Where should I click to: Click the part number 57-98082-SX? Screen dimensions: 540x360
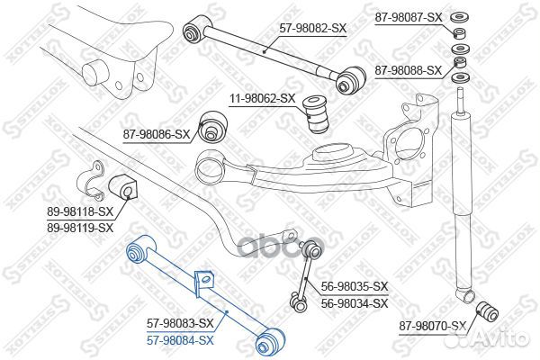312,28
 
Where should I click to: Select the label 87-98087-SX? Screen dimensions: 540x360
408,18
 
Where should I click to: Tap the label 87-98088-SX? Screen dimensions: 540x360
408,71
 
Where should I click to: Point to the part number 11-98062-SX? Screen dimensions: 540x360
263,99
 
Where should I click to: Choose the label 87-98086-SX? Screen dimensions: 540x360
157,134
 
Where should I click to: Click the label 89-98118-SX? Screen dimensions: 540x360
80,211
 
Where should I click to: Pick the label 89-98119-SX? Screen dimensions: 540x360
80,228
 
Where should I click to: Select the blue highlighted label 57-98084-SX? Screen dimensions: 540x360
181,341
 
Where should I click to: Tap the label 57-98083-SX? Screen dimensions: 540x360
181,323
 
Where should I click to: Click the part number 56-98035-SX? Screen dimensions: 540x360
355,286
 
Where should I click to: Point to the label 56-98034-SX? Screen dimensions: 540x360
355,303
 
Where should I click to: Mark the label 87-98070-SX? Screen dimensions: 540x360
433,326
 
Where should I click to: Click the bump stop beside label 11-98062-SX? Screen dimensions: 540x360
317,114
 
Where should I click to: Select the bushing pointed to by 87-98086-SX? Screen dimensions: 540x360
213,126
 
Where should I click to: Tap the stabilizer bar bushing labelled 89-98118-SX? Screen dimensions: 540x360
123,188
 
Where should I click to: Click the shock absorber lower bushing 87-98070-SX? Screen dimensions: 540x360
487,310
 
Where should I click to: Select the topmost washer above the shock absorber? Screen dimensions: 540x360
459,16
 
